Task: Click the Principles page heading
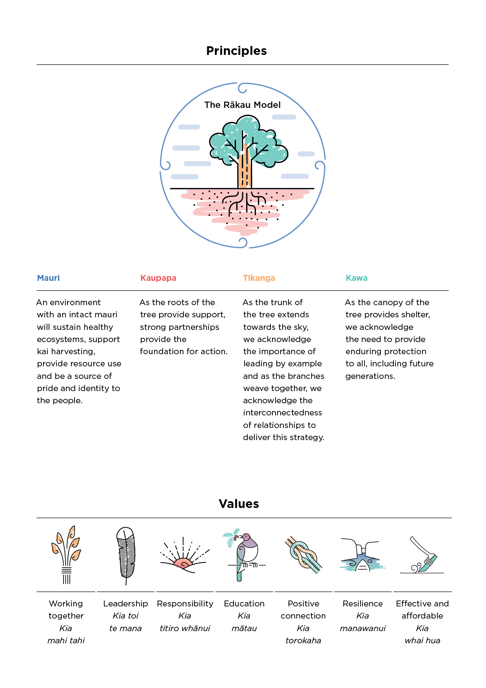click(236, 51)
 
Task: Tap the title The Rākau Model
click(242, 105)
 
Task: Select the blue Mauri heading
click(48, 278)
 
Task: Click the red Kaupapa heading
click(158, 278)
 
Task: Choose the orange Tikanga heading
click(259, 278)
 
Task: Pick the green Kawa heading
click(356, 278)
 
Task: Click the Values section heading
click(239, 504)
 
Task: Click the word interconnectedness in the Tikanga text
click(282, 413)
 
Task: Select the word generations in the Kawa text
click(370, 376)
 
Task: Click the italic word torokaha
click(303, 641)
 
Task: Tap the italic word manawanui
click(363, 628)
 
